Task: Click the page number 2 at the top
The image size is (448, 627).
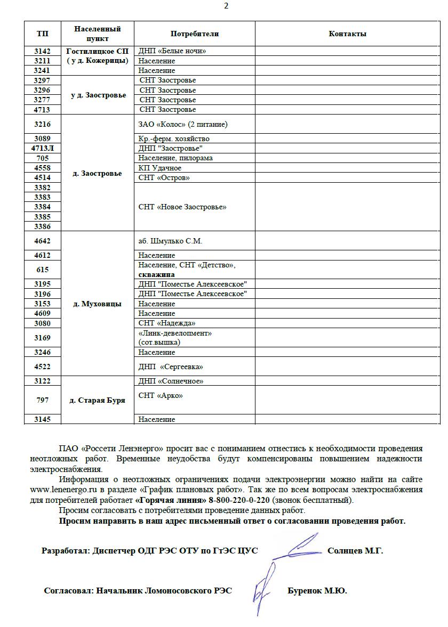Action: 226,6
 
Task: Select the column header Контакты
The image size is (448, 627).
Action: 347,34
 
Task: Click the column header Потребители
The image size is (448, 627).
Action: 195,34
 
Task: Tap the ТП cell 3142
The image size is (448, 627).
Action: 43,51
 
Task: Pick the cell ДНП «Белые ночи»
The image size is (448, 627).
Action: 172,51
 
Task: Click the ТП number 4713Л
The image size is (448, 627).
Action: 43,148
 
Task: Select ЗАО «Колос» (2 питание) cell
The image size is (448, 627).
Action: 182,124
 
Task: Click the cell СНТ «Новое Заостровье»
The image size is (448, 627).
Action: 182,207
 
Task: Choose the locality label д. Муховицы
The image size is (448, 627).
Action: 97,304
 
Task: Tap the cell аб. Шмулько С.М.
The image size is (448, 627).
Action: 170,241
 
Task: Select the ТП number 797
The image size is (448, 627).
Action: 43,400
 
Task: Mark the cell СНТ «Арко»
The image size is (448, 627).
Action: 161,395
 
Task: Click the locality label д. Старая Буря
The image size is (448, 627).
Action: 97,400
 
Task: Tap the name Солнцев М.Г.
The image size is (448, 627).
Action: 355,551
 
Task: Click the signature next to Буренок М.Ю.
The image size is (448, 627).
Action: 265,586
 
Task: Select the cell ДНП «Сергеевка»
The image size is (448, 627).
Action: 171,367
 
